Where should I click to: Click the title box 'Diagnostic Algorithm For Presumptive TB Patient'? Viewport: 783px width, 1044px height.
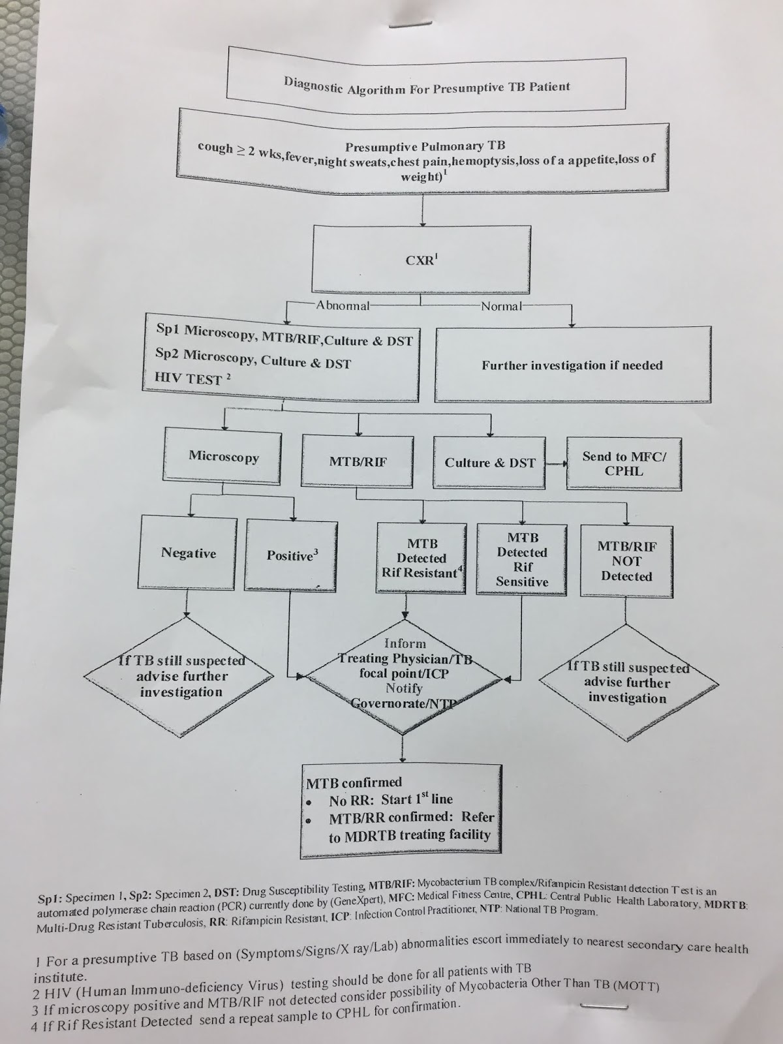pos(426,85)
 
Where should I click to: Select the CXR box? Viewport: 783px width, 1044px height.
pos(421,259)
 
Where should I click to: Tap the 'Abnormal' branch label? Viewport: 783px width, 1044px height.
pos(343,305)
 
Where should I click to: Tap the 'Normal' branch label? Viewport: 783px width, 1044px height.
pos(500,306)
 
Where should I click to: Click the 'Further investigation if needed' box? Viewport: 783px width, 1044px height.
pos(572,365)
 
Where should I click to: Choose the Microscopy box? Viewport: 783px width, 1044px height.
pos(224,456)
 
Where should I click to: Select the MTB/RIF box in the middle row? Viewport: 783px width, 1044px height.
pos(358,462)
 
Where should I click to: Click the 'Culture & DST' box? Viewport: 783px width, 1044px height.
pos(489,463)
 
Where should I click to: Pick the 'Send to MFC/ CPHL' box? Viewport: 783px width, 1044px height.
pos(624,463)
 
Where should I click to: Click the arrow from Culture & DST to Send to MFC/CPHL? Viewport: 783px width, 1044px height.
pos(555,463)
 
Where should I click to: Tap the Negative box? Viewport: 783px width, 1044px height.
pos(188,553)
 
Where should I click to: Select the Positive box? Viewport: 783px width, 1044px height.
pos(291,555)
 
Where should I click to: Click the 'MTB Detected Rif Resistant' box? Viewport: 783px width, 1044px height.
pos(422,559)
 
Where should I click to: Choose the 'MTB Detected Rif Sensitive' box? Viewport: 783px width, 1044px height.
pos(522,559)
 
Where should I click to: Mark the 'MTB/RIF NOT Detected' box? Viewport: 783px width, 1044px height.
pos(626,561)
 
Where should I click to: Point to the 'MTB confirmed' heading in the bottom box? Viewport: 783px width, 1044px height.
pos(354,782)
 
